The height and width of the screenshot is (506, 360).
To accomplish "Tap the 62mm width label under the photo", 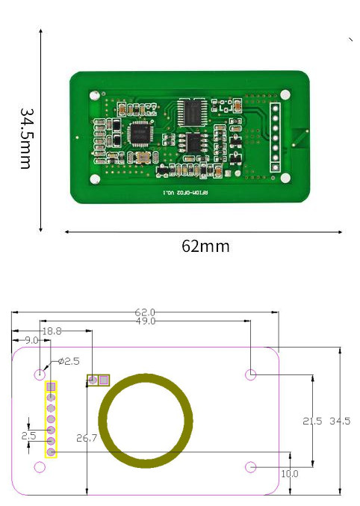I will [x=205, y=246].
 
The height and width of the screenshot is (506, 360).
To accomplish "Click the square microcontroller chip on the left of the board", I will [x=140, y=134].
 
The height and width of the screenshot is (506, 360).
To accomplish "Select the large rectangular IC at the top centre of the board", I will [x=193, y=111].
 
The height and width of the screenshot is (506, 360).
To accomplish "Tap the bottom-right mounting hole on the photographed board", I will [x=285, y=178].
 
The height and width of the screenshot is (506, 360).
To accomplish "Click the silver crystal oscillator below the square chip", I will [x=139, y=158].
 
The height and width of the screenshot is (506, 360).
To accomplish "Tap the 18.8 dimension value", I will [x=52, y=331].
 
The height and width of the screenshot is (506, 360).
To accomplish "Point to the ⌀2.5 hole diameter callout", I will [x=69, y=362].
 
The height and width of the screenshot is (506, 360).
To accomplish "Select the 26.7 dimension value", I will [x=87, y=438].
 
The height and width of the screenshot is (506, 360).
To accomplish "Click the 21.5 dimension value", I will [x=312, y=421].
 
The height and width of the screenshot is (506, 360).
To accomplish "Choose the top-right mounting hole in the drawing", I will [x=252, y=374].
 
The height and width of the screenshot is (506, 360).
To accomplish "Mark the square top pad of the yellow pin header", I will [x=51, y=387].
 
